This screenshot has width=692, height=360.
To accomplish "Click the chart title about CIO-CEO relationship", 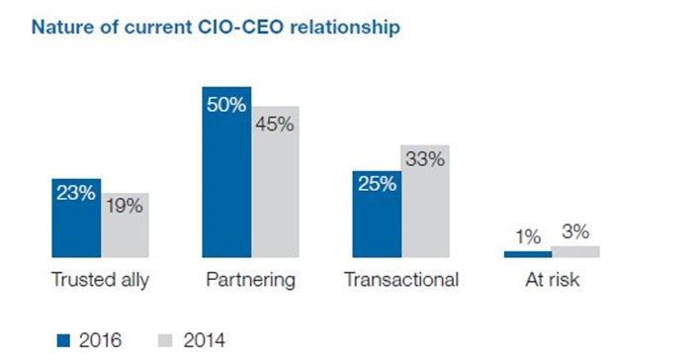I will pyautogui.click(x=216, y=28).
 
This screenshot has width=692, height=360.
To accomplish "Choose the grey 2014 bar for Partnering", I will pyautogui.click(x=275, y=182).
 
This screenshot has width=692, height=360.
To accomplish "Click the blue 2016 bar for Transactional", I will pyautogui.click(x=377, y=214).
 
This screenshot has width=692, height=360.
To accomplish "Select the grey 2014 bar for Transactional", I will pyautogui.click(x=425, y=202).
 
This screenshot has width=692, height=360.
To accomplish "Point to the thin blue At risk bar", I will pyautogui.click(x=527, y=254).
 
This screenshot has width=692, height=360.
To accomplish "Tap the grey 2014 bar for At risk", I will pyautogui.click(x=575, y=251).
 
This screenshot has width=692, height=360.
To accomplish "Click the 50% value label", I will pyautogui.click(x=226, y=105).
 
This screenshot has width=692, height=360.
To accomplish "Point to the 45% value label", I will pyautogui.click(x=275, y=125).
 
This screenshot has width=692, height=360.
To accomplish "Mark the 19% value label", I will pyautogui.click(x=125, y=207).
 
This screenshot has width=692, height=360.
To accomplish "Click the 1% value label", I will pyautogui.click(x=527, y=236).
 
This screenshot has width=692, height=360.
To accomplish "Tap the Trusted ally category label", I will pyautogui.click(x=100, y=281).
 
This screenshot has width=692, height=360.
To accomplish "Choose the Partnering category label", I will pyautogui.click(x=250, y=281).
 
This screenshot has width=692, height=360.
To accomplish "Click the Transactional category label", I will pyautogui.click(x=400, y=281).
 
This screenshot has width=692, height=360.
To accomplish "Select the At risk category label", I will pyautogui.click(x=552, y=281).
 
